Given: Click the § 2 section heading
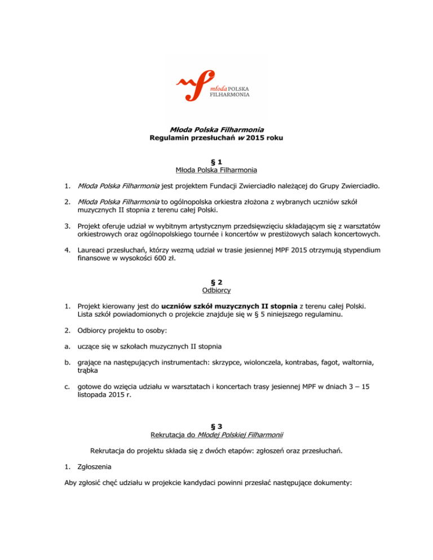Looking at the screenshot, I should pos(216,282).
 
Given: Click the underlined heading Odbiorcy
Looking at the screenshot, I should pos(216,291).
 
